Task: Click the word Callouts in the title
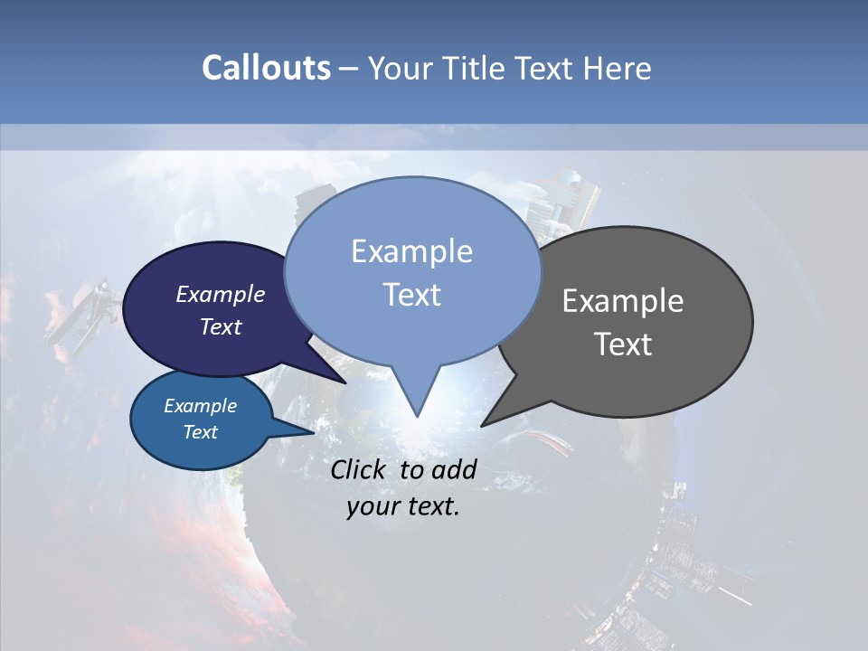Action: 266,68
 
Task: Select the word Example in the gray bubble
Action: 623,301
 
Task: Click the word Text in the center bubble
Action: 412,295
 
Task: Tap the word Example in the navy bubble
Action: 221,294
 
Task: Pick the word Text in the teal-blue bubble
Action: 201,432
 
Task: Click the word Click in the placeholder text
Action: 359,469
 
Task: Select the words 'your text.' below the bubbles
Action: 403,506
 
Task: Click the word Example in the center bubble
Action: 412,251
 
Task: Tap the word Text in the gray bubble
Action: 624,344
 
